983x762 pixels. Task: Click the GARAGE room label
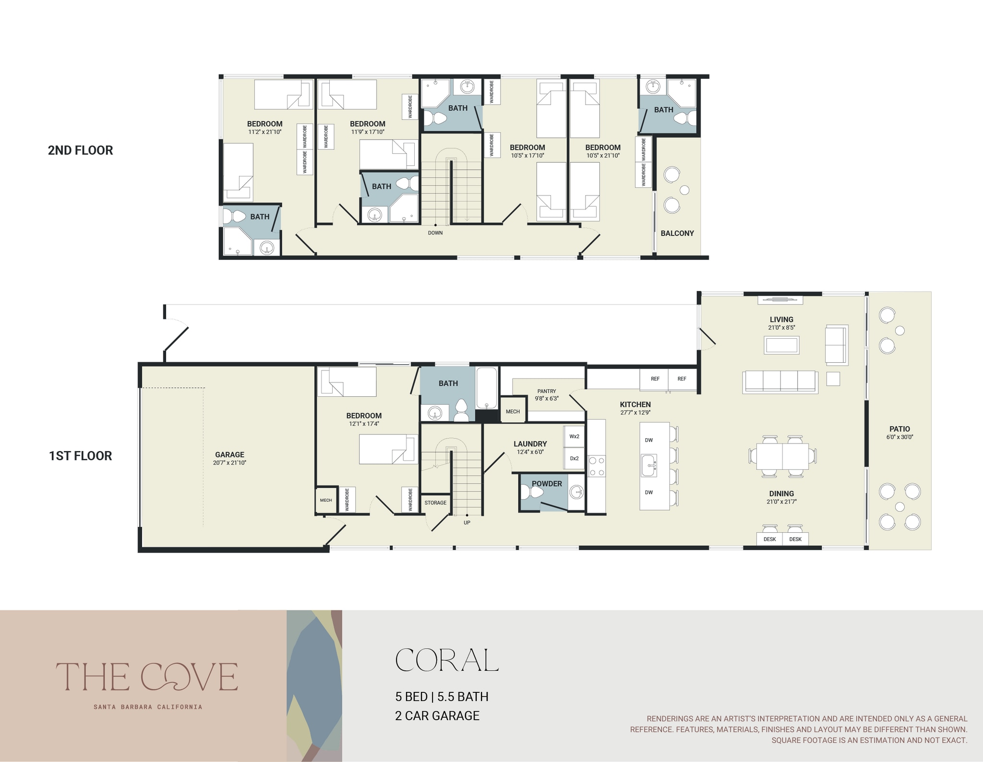(x=229, y=455)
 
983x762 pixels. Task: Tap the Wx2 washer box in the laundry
(x=574, y=437)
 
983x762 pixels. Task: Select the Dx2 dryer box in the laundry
(x=574, y=458)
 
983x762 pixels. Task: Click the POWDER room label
(x=547, y=484)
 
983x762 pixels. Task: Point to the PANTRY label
(x=547, y=391)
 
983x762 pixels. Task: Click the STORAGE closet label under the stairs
(x=435, y=503)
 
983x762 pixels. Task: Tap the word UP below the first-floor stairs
(x=467, y=523)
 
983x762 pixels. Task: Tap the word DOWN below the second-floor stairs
(x=435, y=233)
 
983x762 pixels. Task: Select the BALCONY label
(x=677, y=234)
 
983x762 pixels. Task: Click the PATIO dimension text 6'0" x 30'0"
(x=899, y=437)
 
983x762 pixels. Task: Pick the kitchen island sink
(x=649, y=466)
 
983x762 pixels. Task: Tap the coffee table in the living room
(x=781, y=345)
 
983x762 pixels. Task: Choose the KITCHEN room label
(x=635, y=405)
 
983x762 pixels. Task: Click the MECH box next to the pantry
(x=513, y=411)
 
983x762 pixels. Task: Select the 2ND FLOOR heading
(x=81, y=150)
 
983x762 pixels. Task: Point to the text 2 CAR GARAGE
(x=437, y=716)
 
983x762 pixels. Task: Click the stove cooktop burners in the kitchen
(x=597, y=467)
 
